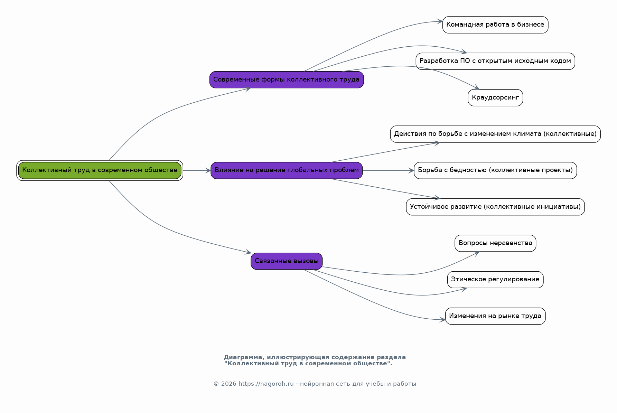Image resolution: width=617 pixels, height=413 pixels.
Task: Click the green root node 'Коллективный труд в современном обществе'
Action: (100, 170)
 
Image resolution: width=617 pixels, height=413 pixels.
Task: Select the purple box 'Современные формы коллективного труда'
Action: (287, 79)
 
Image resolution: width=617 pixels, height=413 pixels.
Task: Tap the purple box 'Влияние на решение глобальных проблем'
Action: (287, 170)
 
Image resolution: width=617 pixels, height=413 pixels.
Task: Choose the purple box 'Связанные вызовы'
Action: (287, 261)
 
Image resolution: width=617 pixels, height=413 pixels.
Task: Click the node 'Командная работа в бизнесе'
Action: (495, 25)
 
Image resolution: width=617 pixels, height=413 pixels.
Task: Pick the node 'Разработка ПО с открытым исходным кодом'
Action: (495, 61)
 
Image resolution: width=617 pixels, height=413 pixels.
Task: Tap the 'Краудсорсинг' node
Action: (495, 98)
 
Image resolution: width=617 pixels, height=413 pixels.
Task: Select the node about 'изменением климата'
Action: (495, 134)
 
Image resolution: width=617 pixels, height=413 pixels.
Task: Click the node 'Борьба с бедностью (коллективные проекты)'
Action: (495, 170)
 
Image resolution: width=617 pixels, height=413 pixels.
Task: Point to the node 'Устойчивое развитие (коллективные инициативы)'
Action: (495, 207)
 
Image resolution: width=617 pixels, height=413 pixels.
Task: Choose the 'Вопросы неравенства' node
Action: (495, 243)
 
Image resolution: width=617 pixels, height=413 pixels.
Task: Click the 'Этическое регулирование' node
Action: (495, 280)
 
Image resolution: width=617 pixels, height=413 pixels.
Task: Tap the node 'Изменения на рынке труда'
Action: (495, 316)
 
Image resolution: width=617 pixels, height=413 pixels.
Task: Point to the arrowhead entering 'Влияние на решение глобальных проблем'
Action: (208, 170)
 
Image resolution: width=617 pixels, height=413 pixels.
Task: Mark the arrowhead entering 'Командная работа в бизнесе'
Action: (440, 21)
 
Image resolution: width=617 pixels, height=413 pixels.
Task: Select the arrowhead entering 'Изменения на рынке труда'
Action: (442, 320)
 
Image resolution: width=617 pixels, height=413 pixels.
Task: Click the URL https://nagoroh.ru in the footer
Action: (266, 384)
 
